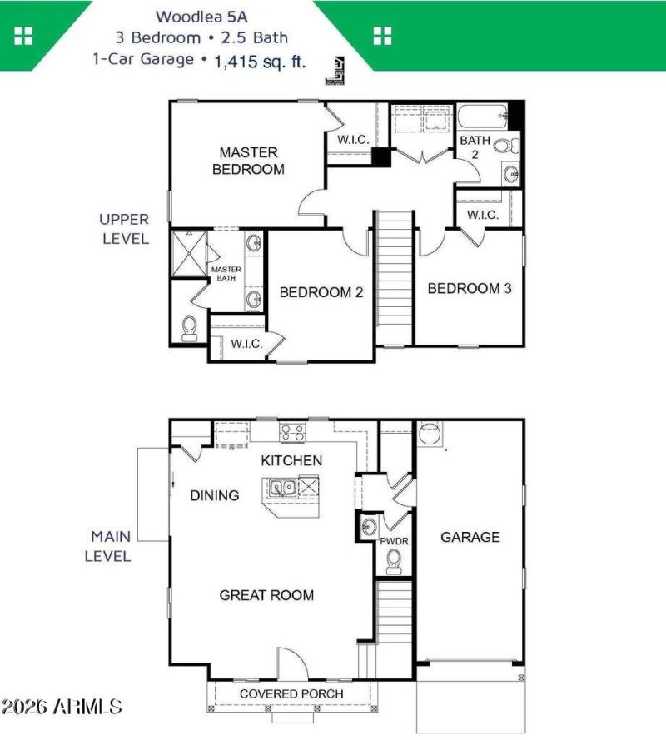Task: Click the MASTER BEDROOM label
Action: click(248, 161)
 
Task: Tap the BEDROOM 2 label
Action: click(321, 292)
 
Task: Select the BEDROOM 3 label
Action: click(469, 289)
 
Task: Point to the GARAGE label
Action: click(470, 537)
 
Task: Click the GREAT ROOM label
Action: click(266, 594)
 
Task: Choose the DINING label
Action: click(215, 495)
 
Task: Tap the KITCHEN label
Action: click(291, 460)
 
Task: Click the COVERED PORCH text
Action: click(291, 693)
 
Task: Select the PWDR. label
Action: click(393, 541)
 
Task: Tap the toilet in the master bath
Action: click(189, 328)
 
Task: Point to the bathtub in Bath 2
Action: click(481, 115)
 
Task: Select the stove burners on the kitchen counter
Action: click(291, 431)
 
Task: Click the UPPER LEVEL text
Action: click(124, 229)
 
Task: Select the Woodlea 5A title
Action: click(201, 16)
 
